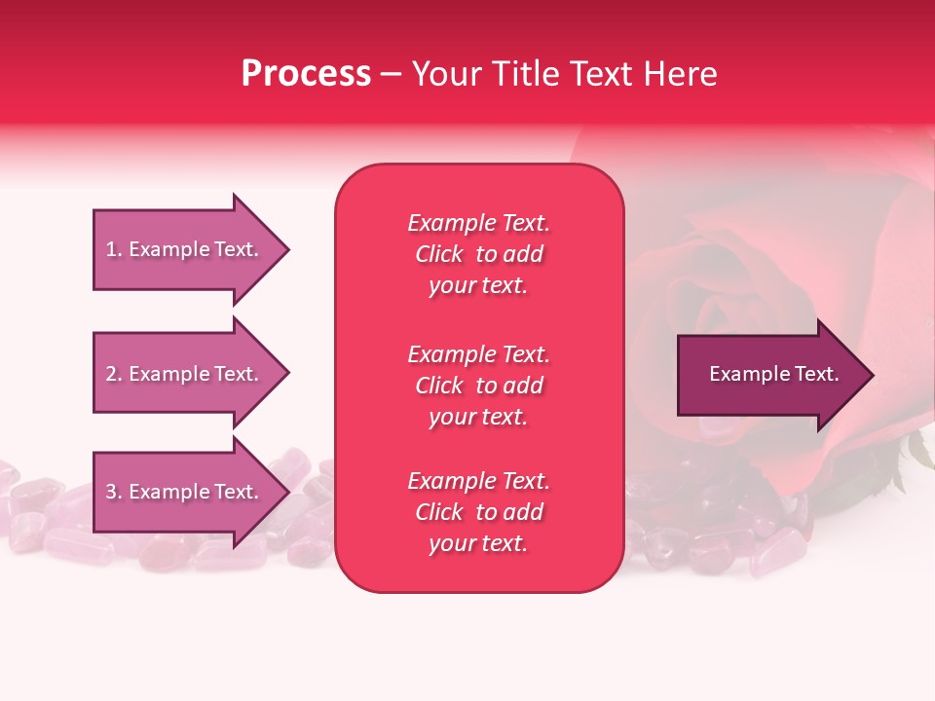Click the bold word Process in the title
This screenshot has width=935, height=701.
(306, 74)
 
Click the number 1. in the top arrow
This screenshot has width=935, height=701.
(114, 249)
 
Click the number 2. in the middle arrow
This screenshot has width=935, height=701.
(114, 374)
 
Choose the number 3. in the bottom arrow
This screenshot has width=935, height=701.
(114, 492)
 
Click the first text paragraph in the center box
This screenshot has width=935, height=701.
(478, 254)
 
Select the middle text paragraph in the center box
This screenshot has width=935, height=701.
(478, 386)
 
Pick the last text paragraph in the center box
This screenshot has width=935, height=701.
(478, 512)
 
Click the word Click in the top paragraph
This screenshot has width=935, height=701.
(439, 254)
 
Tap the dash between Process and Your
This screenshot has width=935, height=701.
(391, 74)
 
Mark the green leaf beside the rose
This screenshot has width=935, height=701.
(917, 450)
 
